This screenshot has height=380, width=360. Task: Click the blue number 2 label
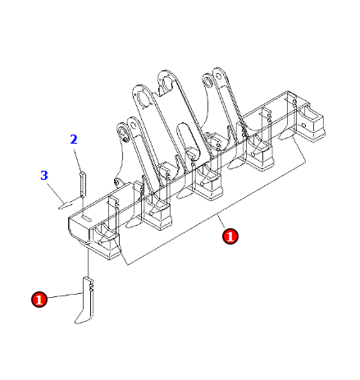pos(74,140)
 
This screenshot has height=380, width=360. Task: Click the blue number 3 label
pos(44,176)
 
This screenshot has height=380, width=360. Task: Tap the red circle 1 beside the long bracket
pos(230,236)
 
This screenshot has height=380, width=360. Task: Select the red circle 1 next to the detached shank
pos(39,300)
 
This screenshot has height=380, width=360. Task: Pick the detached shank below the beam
pos(85,300)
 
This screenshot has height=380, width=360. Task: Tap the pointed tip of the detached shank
pos(75,323)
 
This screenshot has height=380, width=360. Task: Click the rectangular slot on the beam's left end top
pos(86,218)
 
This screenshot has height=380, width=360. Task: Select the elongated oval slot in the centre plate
pos(189,139)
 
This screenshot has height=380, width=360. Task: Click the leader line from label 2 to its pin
pos(78,159)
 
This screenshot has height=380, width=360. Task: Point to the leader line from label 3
pos(56,194)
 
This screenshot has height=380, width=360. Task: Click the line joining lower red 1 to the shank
pos(65,295)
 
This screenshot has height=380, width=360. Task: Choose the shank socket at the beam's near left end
pos(106,240)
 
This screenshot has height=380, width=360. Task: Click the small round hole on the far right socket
pos(303,125)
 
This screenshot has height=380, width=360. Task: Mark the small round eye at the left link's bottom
pos(117,181)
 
